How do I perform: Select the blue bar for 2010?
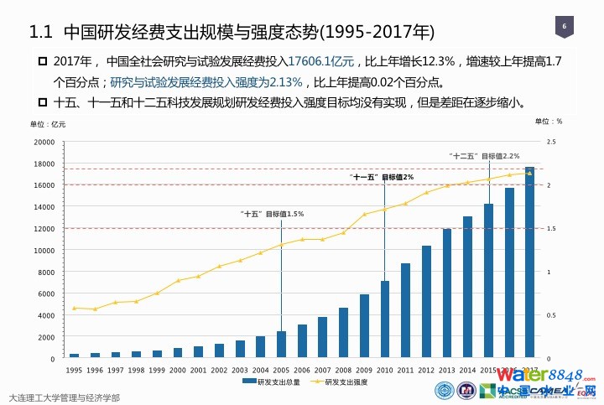[x=385, y=319]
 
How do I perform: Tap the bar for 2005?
[x=281, y=345]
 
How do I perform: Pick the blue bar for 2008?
[x=343, y=333]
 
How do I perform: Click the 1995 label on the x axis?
[x=74, y=369]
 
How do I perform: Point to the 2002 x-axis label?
[x=219, y=369]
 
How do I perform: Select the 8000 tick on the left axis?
[x=46, y=272]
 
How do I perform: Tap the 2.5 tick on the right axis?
[x=550, y=142]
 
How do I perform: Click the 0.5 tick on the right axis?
[x=550, y=315]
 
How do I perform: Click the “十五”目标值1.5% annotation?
[x=272, y=215]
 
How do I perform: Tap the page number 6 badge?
[x=564, y=26]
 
